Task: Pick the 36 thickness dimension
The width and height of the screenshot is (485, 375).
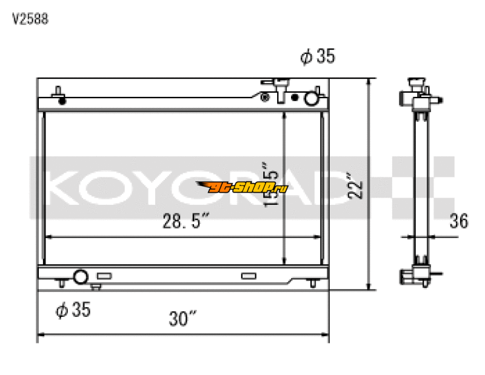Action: [458, 222]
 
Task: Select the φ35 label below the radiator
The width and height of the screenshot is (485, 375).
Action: [73, 310]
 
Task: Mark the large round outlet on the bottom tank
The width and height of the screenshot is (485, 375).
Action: [81, 277]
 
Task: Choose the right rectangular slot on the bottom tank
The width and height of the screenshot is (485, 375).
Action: [249, 276]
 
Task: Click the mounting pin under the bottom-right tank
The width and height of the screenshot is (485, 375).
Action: [312, 284]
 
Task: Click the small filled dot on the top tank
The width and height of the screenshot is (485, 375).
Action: [264, 97]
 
